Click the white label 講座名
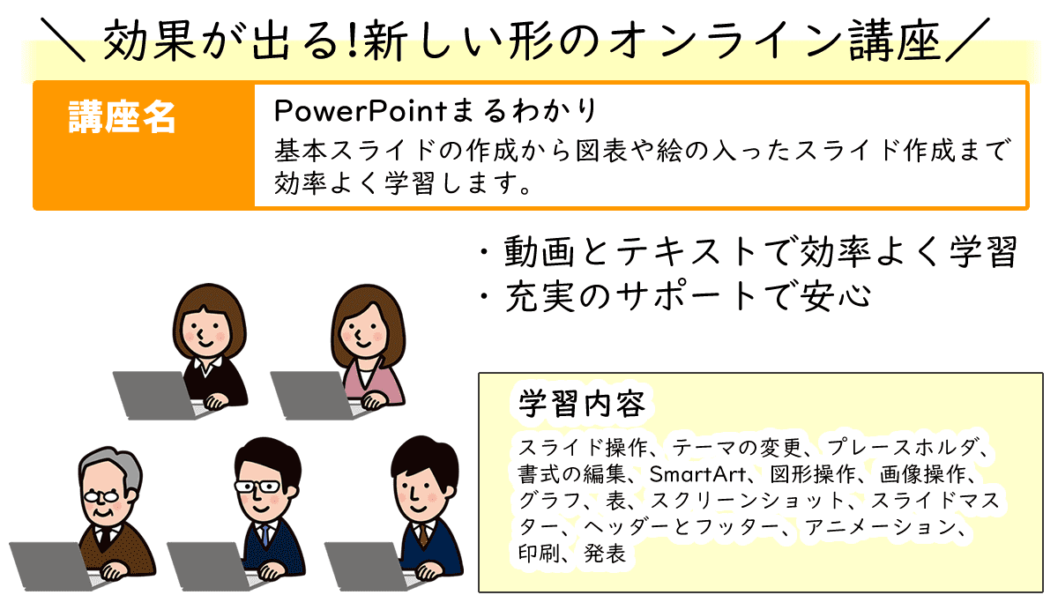122,116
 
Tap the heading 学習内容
581,405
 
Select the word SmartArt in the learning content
697,474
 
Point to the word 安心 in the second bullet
835,296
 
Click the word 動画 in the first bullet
540,252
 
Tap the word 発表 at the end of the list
605,554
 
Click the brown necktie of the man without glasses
423,536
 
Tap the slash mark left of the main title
63,40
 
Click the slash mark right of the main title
967,40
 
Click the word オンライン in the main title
723,41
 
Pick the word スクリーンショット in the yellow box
748,501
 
